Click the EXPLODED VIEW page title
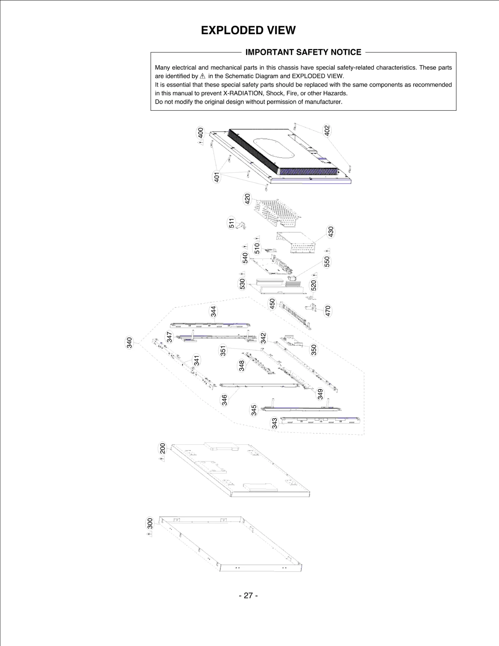point(248,31)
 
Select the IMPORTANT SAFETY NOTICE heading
point(303,52)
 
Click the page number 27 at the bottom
point(248,595)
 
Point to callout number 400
point(201,133)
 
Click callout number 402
point(327,130)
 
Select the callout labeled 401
point(216,177)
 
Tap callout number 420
point(247,199)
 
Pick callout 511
point(231,223)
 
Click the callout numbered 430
point(331,231)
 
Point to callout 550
point(327,262)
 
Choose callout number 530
point(242,284)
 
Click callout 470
point(327,311)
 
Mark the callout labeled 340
point(129,342)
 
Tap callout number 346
point(224,400)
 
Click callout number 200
point(162,448)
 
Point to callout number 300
point(150,523)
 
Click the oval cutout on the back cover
point(272,148)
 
